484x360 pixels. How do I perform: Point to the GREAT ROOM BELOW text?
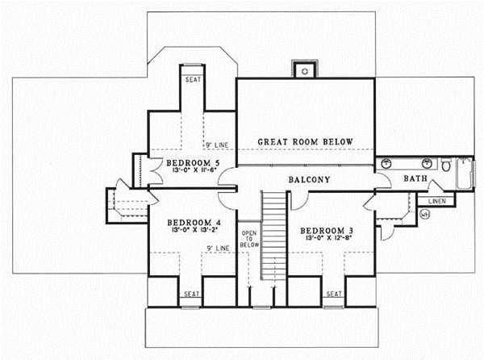(306, 142)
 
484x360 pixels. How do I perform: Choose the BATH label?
(415, 178)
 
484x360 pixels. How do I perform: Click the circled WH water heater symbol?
(425, 214)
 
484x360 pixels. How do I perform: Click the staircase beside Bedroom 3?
(275, 234)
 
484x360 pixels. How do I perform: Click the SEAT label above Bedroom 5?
(193, 80)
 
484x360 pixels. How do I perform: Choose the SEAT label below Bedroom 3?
(334, 294)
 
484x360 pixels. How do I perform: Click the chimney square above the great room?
(305, 69)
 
